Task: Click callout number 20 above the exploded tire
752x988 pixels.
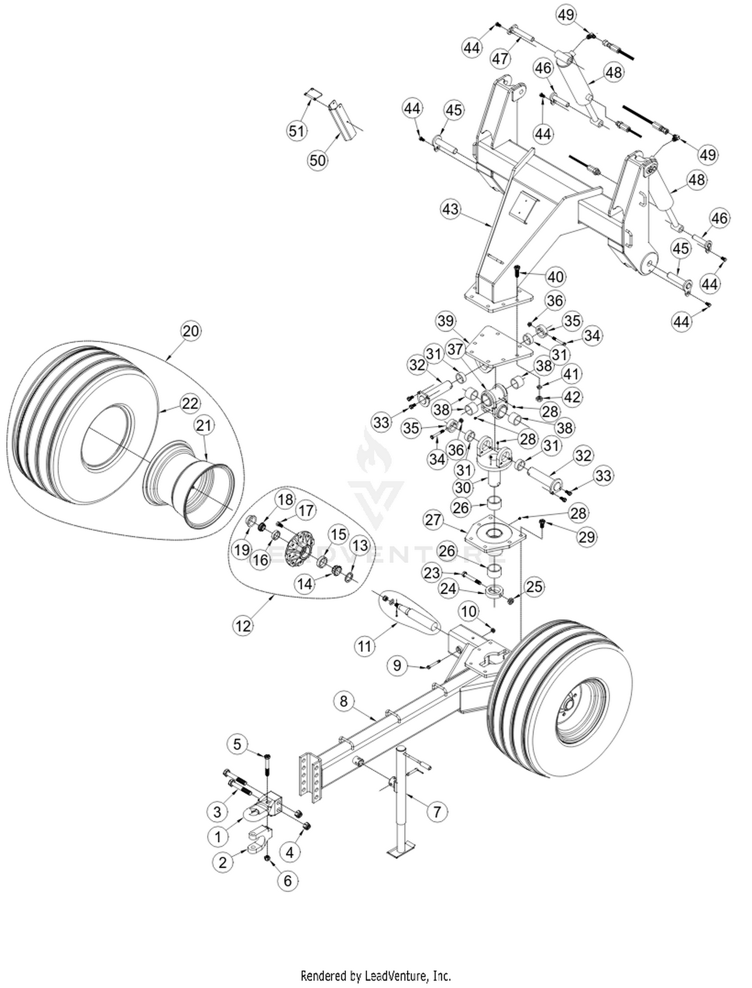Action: point(191,331)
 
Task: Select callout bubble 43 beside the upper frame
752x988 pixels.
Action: point(450,208)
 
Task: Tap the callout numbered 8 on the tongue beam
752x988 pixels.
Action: point(343,701)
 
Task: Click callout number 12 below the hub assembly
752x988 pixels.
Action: point(243,626)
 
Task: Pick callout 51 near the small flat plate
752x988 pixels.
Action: point(296,131)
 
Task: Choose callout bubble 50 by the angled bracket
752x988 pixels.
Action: point(317,160)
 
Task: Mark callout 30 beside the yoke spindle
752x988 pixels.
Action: point(463,487)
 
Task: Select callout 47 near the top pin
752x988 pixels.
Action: point(500,59)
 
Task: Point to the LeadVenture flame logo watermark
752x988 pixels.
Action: point(373,451)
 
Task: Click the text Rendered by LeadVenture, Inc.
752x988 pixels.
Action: point(375,975)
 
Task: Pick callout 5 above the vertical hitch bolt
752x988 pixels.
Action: point(238,744)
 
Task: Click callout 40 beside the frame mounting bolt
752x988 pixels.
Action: point(555,277)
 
